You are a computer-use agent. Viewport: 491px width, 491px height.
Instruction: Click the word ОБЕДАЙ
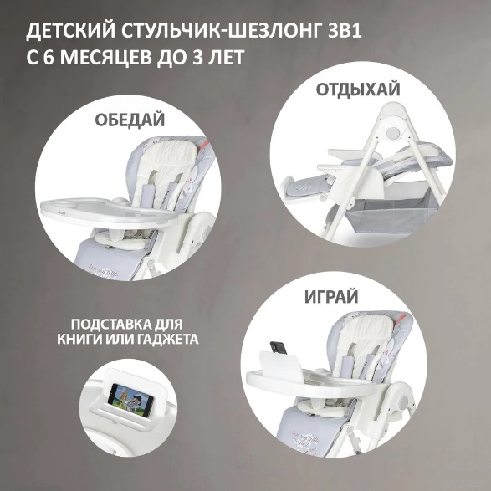(130, 120)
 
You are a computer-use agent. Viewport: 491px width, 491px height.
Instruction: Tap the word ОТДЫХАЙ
(358, 90)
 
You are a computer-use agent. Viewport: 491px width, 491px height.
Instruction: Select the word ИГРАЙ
(331, 297)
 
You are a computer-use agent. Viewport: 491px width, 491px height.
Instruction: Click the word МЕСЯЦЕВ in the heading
(100, 57)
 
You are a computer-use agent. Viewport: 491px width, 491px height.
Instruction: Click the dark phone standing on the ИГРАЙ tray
(279, 348)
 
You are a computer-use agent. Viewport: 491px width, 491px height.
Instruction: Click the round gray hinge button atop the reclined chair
(392, 133)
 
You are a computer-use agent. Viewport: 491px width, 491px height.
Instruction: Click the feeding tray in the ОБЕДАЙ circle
(108, 211)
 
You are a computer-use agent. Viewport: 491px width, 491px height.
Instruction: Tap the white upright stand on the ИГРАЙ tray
(280, 365)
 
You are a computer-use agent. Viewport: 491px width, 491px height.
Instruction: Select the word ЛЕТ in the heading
(226, 57)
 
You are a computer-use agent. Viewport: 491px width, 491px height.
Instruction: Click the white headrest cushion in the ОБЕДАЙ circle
(169, 154)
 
